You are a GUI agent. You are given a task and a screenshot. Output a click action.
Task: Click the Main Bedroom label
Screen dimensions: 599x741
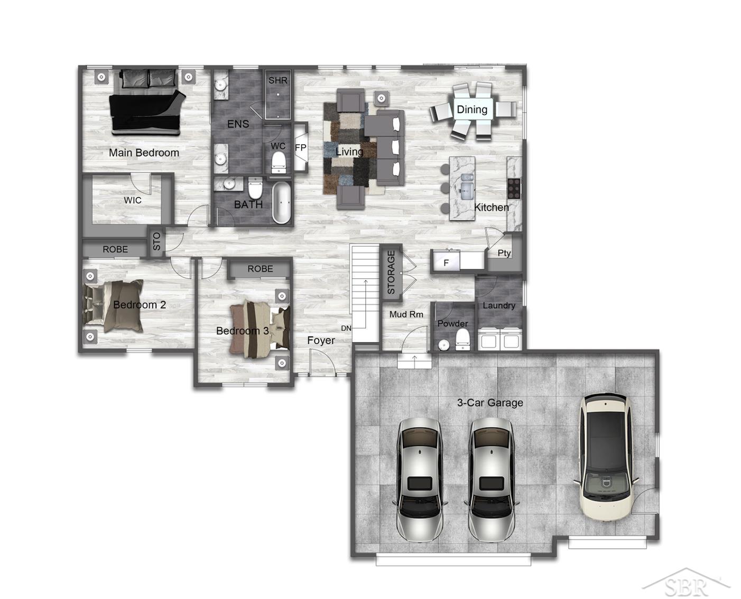click(144, 153)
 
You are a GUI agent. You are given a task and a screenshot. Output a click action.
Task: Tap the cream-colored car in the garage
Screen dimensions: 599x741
click(606, 457)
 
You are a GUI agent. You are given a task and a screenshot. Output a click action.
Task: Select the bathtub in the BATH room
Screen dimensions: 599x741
click(282, 203)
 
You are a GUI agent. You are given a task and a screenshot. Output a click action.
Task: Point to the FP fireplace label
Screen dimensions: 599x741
click(300, 148)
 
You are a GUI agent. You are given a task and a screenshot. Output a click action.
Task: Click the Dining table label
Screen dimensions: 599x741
click(472, 110)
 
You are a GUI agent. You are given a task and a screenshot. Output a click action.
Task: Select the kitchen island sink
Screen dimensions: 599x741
click(466, 185)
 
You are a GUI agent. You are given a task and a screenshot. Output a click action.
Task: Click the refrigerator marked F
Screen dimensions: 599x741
click(446, 262)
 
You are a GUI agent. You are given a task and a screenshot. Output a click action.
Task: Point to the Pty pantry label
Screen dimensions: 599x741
click(504, 253)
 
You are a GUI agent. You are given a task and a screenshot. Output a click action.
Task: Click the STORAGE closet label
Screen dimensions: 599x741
click(391, 273)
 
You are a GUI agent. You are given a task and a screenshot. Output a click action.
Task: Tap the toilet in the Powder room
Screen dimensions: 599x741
click(462, 339)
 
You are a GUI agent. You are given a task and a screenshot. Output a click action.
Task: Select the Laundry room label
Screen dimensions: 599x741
click(499, 305)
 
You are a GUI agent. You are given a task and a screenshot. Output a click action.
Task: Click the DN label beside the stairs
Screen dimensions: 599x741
click(346, 328)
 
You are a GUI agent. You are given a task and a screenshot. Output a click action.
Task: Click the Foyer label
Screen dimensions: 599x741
click(321, 340)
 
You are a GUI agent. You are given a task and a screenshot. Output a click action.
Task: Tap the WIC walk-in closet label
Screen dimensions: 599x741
click(133, 200)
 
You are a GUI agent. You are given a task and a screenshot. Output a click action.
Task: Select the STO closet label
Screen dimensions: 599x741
click(156, 242)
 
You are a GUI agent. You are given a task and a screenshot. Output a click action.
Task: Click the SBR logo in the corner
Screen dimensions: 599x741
click(686, 586)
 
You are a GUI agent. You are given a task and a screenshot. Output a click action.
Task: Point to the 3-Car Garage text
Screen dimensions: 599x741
click(490, 403)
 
